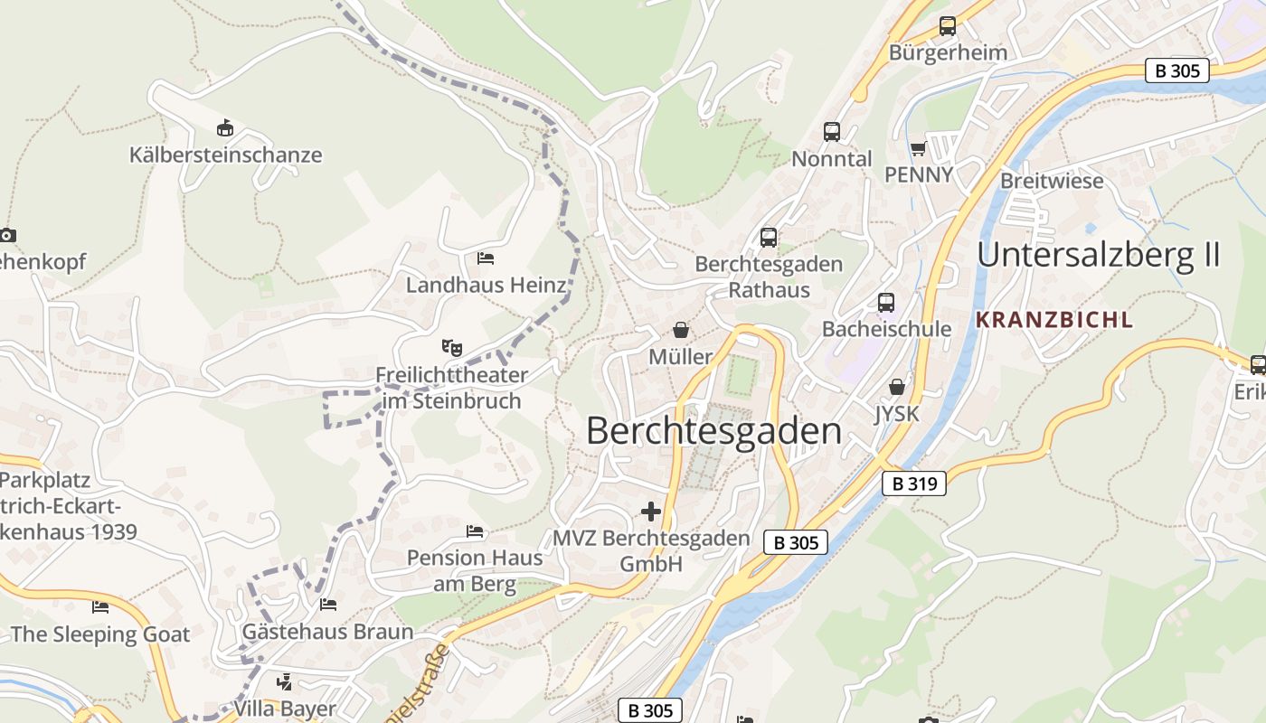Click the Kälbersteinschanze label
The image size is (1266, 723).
coord(225,155)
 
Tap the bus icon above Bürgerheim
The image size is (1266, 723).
coord(947,26)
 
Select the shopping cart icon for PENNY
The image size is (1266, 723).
coord(919,148)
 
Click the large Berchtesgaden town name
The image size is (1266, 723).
coord(713,431)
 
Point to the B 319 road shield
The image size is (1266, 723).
coord(914,484)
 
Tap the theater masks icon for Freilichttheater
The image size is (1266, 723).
coord(451,347)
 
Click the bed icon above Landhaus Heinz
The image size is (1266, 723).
coord(486,258)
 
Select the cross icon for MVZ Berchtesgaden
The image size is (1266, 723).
coord(650,512)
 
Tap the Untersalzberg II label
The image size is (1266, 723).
coord(1099,255)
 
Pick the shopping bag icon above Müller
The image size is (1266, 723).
coord(680,330)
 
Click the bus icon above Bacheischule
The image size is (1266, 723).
coord(885,302)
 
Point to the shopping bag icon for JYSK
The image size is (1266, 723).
coord(896,387)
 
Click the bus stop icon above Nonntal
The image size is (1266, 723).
coord(831,132)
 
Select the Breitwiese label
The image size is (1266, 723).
coord(1052,181)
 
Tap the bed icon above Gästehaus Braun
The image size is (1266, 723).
coord(327,604)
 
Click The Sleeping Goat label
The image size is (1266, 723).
coord(100,634)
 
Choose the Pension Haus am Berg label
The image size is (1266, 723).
coord(475,570)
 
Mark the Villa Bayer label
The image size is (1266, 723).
coord(285,709)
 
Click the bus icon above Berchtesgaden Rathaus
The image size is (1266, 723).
coord(768,238)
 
